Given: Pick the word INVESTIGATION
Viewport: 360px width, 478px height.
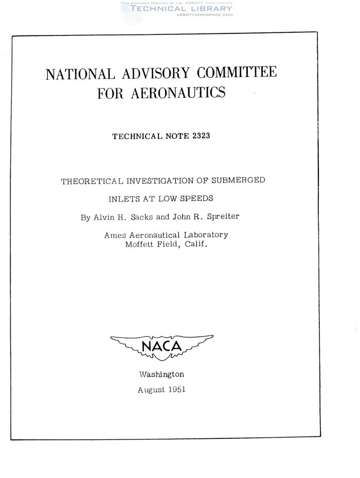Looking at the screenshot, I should coord(166,181).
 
